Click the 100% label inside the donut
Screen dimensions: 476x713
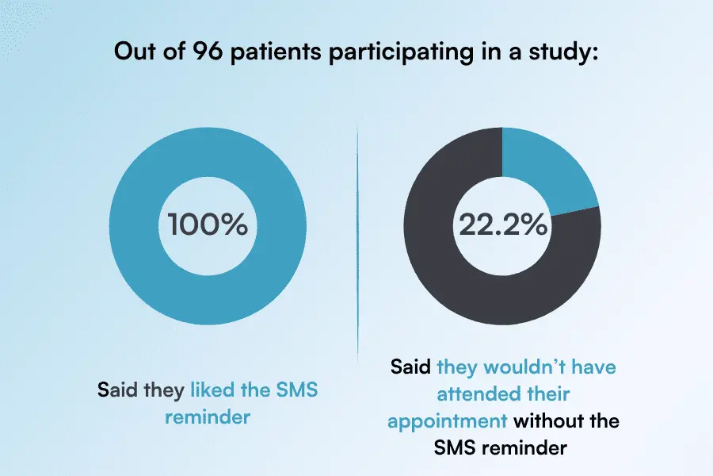point(208,225)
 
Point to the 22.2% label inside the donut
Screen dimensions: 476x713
point(502,225)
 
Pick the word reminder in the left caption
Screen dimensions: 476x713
point(208,416)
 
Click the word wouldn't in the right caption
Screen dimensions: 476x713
point(517,368)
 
